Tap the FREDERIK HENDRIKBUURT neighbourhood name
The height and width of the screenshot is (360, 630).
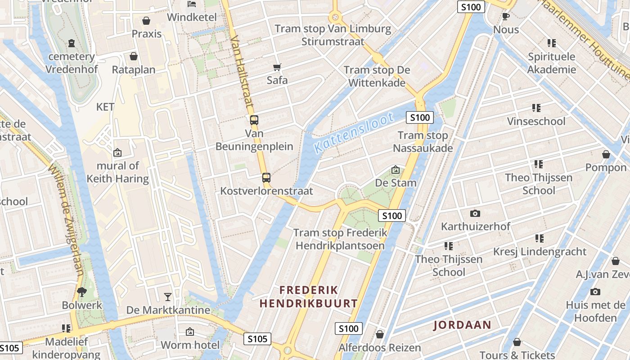[x=309, y=297]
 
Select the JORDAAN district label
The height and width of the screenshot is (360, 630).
[x=462, y=325]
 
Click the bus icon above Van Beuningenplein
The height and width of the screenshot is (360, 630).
[x=254, y=120]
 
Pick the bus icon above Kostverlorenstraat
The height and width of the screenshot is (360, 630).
[x=266, y=178]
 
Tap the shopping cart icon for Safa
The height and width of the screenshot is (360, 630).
[x=277, y=67]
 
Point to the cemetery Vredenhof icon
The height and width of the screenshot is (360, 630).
[x=72, y=43]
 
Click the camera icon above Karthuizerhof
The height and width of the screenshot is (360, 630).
[x=475, y=213]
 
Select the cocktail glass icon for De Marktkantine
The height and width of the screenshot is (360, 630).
[x=168, y=297]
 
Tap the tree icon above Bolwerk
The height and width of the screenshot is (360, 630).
[x=82, y=292]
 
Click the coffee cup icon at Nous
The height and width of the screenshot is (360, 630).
[x=506, y=17]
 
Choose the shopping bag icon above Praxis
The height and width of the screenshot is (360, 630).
[x=146, y=21]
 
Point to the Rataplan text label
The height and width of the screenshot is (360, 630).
[x=134, y=70]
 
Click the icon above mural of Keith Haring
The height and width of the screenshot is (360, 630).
[x=117, y=153]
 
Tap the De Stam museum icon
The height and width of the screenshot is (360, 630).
[x=396, y=170]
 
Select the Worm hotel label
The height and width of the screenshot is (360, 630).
[x=190, y=345]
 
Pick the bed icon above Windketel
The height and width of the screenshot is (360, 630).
[x=192, y=4]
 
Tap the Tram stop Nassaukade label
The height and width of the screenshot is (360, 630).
[x=423, y=142]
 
